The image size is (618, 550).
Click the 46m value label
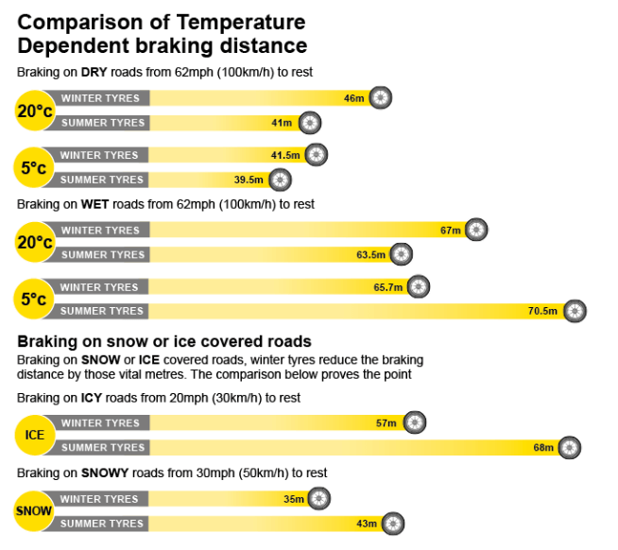point(353,98)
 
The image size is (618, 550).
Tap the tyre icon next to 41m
point(310,123)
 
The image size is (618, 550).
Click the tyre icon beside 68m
point(569,448)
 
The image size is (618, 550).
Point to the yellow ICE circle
point(35,436)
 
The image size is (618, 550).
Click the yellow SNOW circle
point(35,511)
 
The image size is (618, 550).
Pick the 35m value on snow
point(293,499)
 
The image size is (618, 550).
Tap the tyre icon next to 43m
point(393,524)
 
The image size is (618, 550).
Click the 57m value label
point(386,423)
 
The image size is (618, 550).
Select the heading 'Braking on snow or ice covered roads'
point(164,341)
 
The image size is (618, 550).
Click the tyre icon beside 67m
point(476,230)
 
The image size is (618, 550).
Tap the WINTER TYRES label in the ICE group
point(99,423)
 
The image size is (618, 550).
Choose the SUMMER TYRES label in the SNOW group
point(102,524)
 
